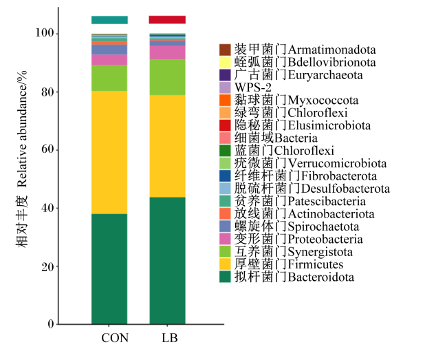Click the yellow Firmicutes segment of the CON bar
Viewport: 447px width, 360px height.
coord(109,152)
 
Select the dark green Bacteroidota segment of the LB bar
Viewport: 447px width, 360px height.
coord(167,261)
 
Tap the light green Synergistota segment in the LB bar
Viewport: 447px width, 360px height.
coord(167,77)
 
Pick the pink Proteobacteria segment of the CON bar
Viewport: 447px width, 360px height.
coord(109,60)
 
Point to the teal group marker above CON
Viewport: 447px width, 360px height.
coord(109,20)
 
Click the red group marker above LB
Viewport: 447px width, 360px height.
coord(167,20)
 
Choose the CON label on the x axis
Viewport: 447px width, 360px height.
coord(115,338)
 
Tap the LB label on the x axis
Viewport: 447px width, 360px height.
coord(170,338)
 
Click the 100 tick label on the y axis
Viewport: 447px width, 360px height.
coord(45,33)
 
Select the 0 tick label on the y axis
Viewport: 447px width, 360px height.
coord(51,324)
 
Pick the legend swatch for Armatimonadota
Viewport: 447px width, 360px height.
coord(225,50)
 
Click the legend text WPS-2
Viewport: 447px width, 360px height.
coord(253,87)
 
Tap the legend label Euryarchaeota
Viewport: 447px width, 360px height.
coord(325,75)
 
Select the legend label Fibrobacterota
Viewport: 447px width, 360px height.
coord(339,176)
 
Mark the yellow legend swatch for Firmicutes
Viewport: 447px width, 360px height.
coord(225,264)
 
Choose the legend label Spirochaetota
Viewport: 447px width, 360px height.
coord(323,226)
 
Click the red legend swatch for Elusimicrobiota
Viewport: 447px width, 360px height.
coord(225,125)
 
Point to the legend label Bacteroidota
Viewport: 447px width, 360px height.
coord(321,277)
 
